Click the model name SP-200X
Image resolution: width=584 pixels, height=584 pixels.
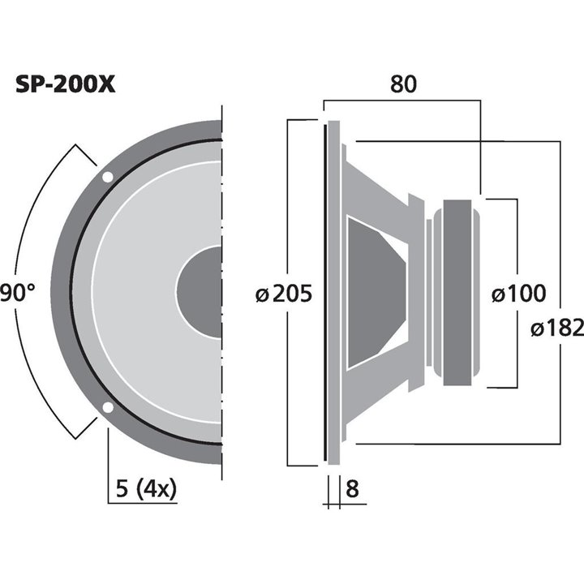pyautogui.click(x=66, y=85)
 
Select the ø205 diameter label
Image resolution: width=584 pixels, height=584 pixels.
pyautogui.click(x=283, y=294)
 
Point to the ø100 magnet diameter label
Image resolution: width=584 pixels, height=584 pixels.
pyautogui.click(x=518, y=294)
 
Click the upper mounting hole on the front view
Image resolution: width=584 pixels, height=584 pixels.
pyautogui.click(x=107, y=176)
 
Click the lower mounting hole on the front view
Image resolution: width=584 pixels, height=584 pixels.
pyautogui.click(x=107, y=408)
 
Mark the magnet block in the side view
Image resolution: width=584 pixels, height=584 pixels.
pyautogui.click(x=455, y=292)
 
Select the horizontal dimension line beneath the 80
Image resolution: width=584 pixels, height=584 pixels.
pyautogui.click(x=403, y=101)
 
